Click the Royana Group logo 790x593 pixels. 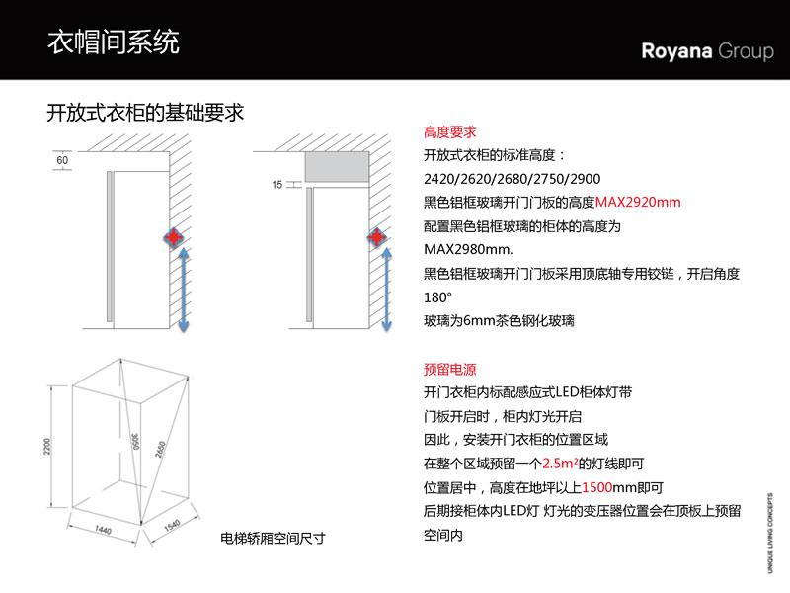707,51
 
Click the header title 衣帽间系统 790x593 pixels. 114,42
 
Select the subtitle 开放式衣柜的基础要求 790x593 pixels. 145,113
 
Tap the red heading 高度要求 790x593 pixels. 449,131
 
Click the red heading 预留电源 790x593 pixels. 449,370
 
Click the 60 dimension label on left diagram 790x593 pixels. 62,159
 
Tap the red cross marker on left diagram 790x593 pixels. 175,238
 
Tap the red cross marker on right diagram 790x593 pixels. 376,238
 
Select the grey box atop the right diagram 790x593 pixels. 337,167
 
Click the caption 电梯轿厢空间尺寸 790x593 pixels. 273,540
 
